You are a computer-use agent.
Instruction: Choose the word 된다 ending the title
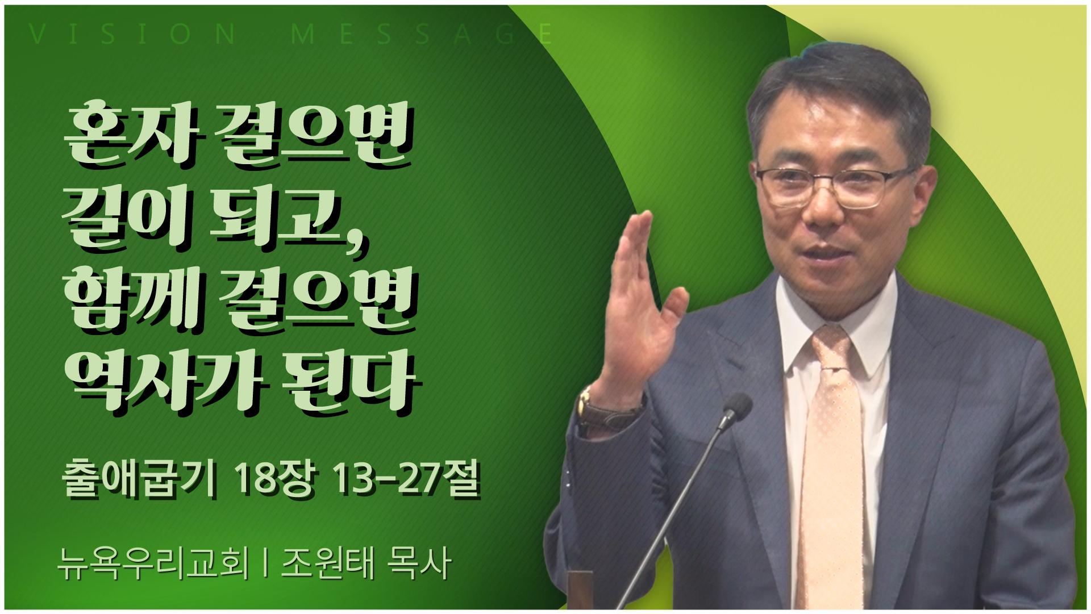[351, 381]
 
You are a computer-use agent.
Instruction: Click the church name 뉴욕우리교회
[153, 563]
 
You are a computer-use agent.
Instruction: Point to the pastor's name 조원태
[328, 563]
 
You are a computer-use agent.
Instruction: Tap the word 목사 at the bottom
[419, 563]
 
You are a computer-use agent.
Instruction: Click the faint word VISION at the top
[133, 34]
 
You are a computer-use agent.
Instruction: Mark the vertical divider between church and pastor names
[265, 563]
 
